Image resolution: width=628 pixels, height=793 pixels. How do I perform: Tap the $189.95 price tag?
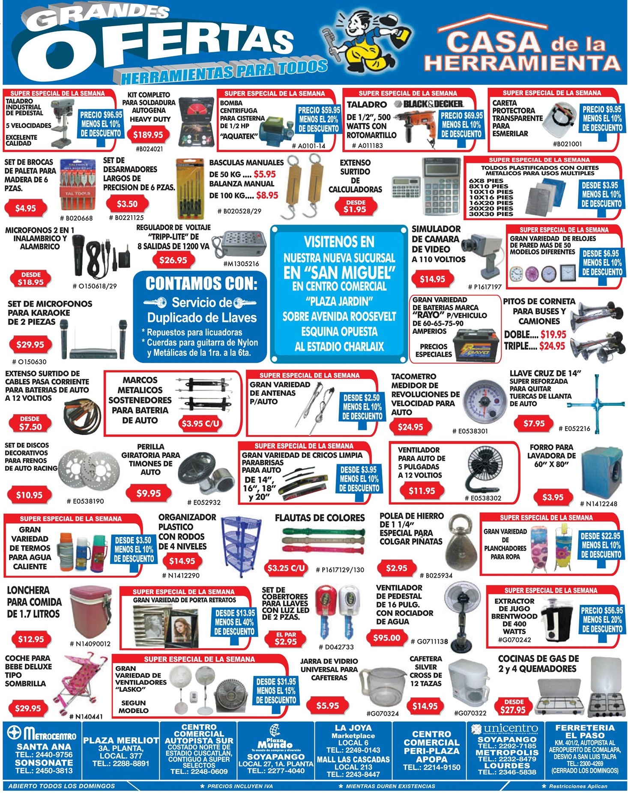[148, 135]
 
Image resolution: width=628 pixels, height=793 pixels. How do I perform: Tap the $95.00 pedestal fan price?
[386, 638]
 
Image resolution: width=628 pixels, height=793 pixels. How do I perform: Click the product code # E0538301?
[470, 431]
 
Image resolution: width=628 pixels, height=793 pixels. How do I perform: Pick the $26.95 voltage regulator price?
[173, 260]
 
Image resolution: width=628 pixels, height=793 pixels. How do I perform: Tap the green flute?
[323, 532]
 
